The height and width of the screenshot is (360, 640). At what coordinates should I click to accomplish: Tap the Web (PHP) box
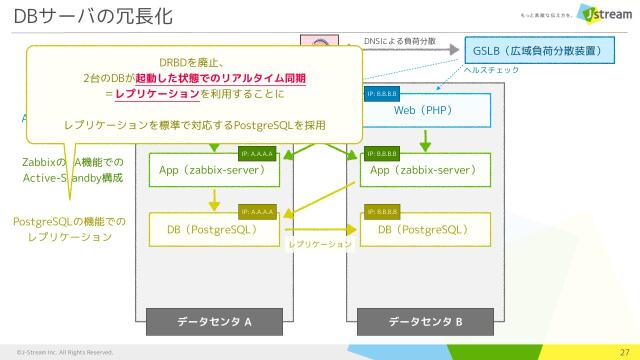[x=423, y=109]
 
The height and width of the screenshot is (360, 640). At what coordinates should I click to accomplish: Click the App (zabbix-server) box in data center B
[x=423, y=170]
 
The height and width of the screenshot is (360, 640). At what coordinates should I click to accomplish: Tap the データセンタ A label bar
[x=214, y=322]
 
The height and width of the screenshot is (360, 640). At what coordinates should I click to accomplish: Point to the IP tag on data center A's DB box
[x=259, y=212]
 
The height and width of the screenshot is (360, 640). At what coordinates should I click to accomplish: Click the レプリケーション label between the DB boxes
[x=319, y=244]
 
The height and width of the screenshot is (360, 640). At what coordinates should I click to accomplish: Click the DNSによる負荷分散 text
[x=400, y=42]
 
